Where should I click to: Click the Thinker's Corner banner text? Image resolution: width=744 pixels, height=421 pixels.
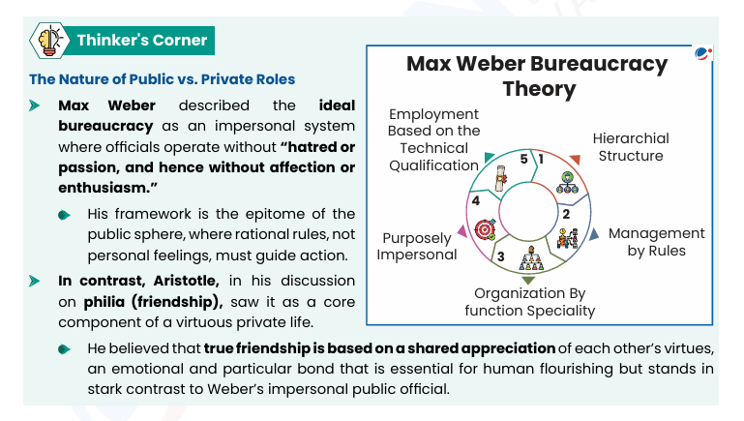click(142, 40)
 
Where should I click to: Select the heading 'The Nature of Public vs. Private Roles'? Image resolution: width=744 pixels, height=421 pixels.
click(163, 79)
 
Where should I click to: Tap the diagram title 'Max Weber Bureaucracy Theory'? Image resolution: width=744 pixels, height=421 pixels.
click(537, 76)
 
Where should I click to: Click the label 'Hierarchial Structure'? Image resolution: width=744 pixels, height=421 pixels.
click(630, 147)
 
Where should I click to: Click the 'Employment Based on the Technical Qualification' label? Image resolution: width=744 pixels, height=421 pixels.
click(433, 139)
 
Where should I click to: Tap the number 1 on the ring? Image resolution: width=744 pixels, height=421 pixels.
click(540, 158)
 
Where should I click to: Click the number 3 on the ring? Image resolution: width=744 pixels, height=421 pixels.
click(500, 256)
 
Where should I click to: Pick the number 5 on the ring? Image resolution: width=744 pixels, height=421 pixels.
click(523, 158)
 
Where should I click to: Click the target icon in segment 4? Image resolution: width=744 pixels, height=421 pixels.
click(486, 230)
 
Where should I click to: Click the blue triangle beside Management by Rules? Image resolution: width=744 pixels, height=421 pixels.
click(596, 232)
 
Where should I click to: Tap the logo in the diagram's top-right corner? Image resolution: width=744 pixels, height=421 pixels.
click(702, 54)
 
